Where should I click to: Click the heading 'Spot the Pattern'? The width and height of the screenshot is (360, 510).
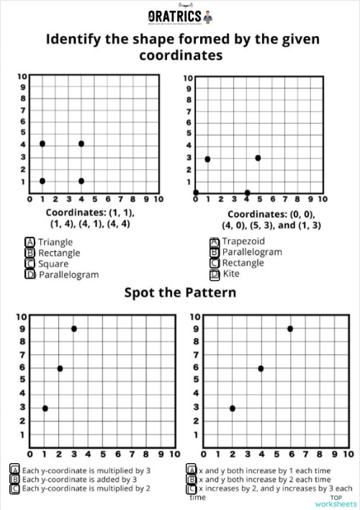180,292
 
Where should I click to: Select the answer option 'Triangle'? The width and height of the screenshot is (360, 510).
55,242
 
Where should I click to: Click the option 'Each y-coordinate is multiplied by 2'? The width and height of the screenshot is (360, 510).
86,488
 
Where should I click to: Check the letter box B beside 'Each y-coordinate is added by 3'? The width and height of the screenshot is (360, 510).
14,479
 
